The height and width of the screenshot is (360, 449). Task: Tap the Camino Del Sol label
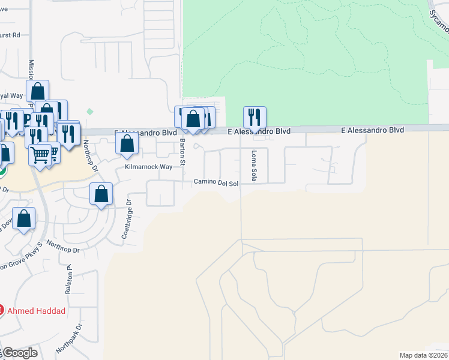point(216,182)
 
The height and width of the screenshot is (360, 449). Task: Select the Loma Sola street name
point(254,167)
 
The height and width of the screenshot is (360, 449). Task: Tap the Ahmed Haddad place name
point(35,310)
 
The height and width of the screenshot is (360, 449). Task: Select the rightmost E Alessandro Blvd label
point(373,130)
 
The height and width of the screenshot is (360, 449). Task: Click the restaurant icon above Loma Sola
point(255,117)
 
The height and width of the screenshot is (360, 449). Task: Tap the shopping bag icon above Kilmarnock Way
point(127,144)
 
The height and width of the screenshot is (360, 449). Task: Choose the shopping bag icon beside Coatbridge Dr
point(101,194)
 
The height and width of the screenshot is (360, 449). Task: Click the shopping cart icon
point(40,155)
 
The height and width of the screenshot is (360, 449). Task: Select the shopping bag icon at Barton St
point(193,118)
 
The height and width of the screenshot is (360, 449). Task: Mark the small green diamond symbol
point(90,112)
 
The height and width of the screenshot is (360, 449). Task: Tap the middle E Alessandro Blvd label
point(259,131)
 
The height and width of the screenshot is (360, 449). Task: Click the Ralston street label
point(68,280)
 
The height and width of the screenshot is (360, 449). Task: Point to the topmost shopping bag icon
point(37,92)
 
